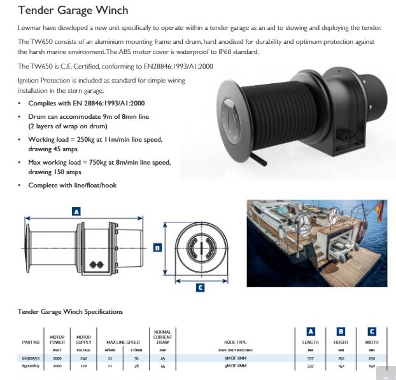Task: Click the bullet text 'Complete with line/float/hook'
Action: [x=72, y=185]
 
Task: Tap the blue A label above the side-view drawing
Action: [x=76, y=211]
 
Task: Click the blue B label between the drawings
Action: [x=158, y=248]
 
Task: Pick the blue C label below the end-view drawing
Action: [x=199, y=288]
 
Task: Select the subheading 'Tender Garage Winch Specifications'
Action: [x=69, y=312]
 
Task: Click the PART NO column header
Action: [x=31, y=343]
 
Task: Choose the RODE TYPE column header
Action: [x=235, y=343]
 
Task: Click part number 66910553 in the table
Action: [x=31, y=358]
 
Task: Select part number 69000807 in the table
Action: [x=31, y=367]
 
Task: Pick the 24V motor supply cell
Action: [x=83, y=358]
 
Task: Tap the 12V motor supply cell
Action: [x=83, y=367]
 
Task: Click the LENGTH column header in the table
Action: [x=311, y=343]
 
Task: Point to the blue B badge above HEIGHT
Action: [x=341, y=331]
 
